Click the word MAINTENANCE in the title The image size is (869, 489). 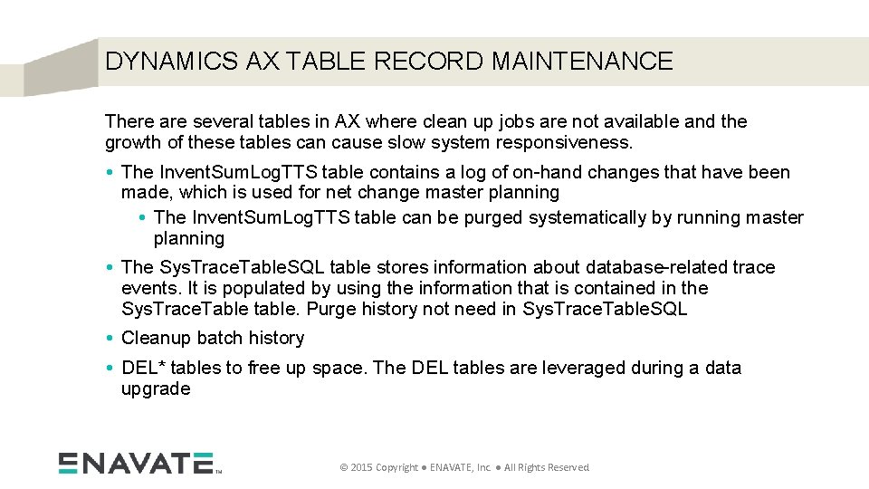click(582, 62)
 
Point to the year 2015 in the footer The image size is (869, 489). click(359, 467)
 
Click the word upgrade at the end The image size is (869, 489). click(156, 388)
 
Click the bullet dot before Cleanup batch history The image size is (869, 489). click(110, 339)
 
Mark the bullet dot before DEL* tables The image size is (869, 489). click(110, 369)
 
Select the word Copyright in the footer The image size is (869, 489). click(396, 467)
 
